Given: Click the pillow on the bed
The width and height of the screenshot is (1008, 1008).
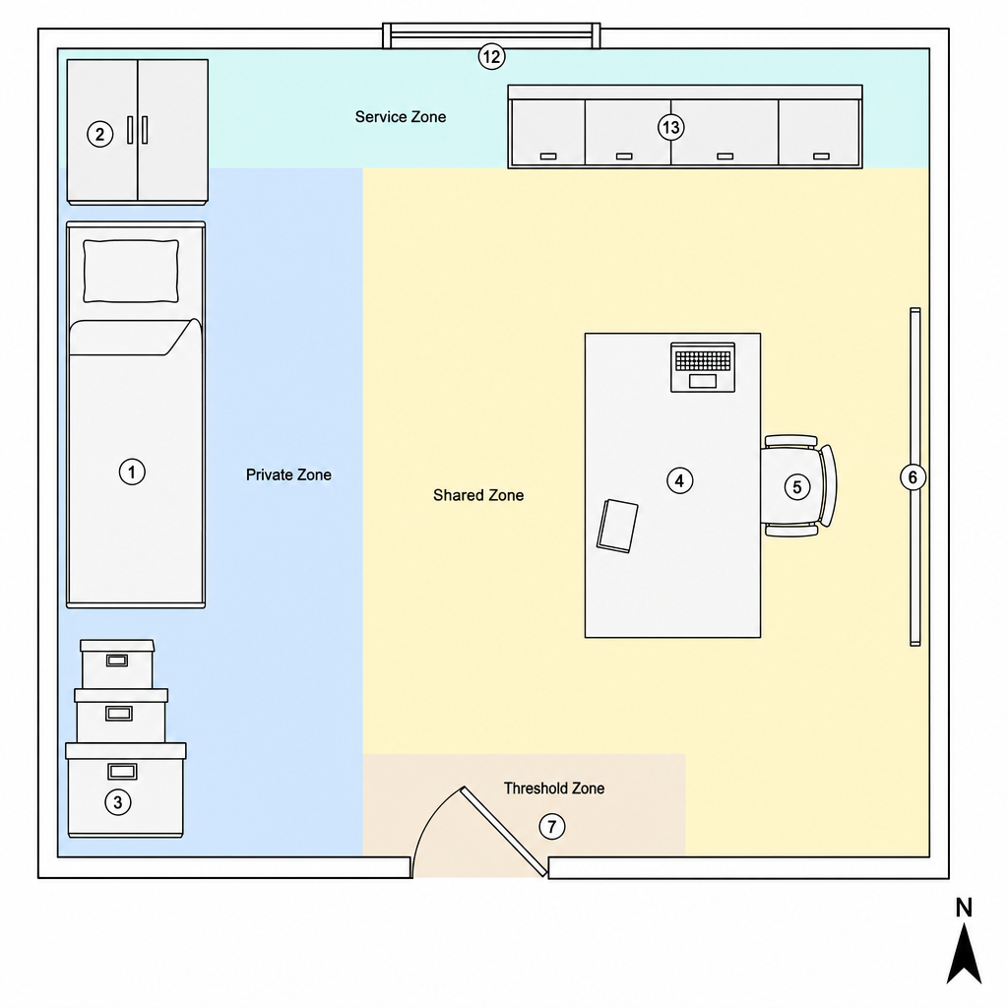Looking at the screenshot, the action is (x=131, y=271).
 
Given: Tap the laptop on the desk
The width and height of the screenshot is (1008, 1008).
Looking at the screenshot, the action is (x=703, y=367).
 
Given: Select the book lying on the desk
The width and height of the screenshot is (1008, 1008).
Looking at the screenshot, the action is (x=617, y=526).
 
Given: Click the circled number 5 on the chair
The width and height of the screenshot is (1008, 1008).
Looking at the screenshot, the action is (x=797, y=486).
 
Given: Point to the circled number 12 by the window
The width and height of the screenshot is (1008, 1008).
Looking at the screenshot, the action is (x=492, y=56).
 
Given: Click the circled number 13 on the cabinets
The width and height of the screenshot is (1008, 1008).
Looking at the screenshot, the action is (x=671, y=127).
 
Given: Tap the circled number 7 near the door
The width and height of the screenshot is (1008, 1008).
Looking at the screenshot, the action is (x=551, y=826).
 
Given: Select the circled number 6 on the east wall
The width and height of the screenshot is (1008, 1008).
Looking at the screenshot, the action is (x=913, y=477).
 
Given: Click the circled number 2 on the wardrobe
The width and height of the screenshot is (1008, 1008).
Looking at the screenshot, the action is (x=99, y=134).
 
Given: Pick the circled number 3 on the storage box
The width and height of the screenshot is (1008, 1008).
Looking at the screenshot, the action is (x=118, y=802).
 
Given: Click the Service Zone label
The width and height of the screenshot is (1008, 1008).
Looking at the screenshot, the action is (x=401, y=117).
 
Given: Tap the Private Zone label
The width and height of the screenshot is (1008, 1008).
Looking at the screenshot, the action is (x=288, y=475).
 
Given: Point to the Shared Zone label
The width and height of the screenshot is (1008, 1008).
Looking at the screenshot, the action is (x=478, y=495).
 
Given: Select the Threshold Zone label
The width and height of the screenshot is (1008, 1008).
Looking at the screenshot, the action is (x=554, y=788).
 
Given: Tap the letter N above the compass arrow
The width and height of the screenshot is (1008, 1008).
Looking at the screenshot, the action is (x=964, y=908).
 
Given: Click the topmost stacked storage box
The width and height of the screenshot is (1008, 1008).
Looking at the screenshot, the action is (x=117, y=664).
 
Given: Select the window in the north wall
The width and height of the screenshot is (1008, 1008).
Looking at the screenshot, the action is (x=492, y=36).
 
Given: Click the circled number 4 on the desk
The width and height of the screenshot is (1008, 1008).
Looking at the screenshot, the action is (x=679, y=480).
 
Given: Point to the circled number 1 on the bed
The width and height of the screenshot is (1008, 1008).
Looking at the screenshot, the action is (x=132, y=472).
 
